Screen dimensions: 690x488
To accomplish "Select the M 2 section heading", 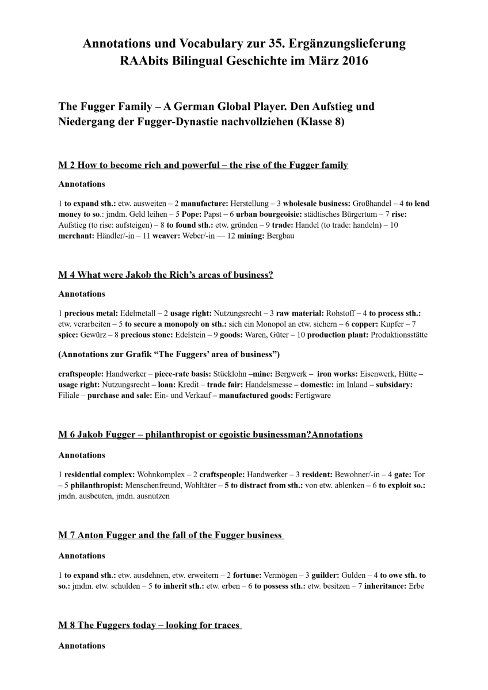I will click(203, 165).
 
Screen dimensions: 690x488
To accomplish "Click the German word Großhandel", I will click(373, 204).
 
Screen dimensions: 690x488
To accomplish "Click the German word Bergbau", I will click(281, 236).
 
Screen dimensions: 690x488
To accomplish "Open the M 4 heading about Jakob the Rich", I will click(166, 274).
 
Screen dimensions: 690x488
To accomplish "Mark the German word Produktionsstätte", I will click(398, 335).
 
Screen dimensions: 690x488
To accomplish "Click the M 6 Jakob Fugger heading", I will click(210, 434).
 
